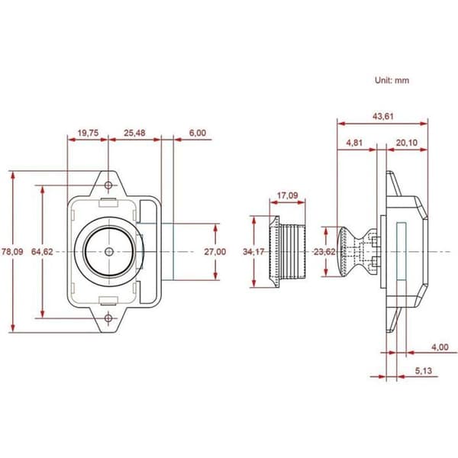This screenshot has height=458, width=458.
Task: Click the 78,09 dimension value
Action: coord(12,251)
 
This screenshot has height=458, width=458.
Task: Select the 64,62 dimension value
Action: coord(42,251)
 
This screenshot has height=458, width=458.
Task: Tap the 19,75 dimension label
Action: coord(88,133)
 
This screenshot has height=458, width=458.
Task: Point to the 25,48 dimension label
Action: coord(134,133)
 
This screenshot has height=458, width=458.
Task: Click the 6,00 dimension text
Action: coord(198,133)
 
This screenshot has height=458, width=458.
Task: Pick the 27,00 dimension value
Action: coord(215,251)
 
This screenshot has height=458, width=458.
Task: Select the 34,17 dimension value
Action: coord(253,251)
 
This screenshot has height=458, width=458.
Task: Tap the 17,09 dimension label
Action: coord(288,195)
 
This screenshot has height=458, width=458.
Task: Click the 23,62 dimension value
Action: coord(324,251)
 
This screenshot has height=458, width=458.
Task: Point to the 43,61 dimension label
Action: coord(383,116)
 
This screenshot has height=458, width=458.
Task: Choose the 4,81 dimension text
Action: coord(354,143)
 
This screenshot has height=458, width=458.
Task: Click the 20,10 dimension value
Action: coord(407,143)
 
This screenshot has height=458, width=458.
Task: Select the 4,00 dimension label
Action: coord(440,347)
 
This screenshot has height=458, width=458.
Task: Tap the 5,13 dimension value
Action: coord(424,371)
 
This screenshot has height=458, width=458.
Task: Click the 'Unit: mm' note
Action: coord(392,80)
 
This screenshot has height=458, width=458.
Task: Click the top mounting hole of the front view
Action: coord(108,185)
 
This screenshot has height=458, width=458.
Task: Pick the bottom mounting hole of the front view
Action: coord(108,318)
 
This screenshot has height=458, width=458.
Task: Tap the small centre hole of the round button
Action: coord(109,251)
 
